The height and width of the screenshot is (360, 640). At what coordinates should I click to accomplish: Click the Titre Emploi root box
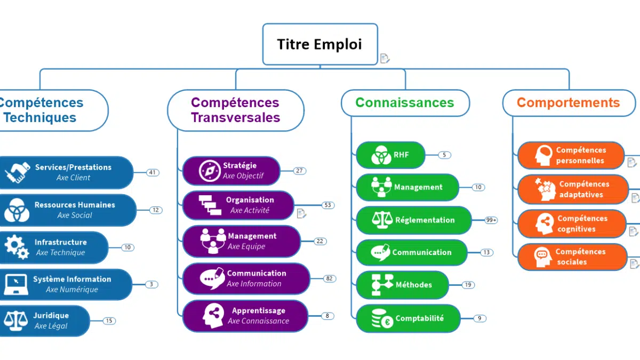319,44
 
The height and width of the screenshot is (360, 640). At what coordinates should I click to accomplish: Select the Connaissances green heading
405,102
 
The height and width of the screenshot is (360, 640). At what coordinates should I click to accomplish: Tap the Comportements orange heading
569,102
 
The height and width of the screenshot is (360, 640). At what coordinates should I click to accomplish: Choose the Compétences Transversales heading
235,110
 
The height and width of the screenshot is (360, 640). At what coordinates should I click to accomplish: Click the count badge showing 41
153,172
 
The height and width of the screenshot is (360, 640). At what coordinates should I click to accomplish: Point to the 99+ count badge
491,220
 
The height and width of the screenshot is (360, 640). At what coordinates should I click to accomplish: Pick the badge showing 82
329,278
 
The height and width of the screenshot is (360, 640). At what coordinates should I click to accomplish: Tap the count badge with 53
328,205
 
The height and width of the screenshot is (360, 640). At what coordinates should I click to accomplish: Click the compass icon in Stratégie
210,171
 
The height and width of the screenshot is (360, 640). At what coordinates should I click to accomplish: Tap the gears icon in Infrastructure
17,247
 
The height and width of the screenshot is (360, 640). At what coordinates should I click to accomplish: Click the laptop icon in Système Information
16,284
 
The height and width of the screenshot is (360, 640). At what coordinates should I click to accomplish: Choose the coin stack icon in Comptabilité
382,318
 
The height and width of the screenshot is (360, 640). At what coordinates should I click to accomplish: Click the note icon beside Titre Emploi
385,58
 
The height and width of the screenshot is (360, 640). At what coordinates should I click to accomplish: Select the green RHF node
390,155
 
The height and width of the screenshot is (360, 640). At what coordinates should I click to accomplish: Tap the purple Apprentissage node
245,316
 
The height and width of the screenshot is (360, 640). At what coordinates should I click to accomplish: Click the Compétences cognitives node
571,223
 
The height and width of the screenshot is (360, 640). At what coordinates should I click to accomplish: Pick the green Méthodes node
402,285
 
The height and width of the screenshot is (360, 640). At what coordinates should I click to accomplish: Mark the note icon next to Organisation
302,213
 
